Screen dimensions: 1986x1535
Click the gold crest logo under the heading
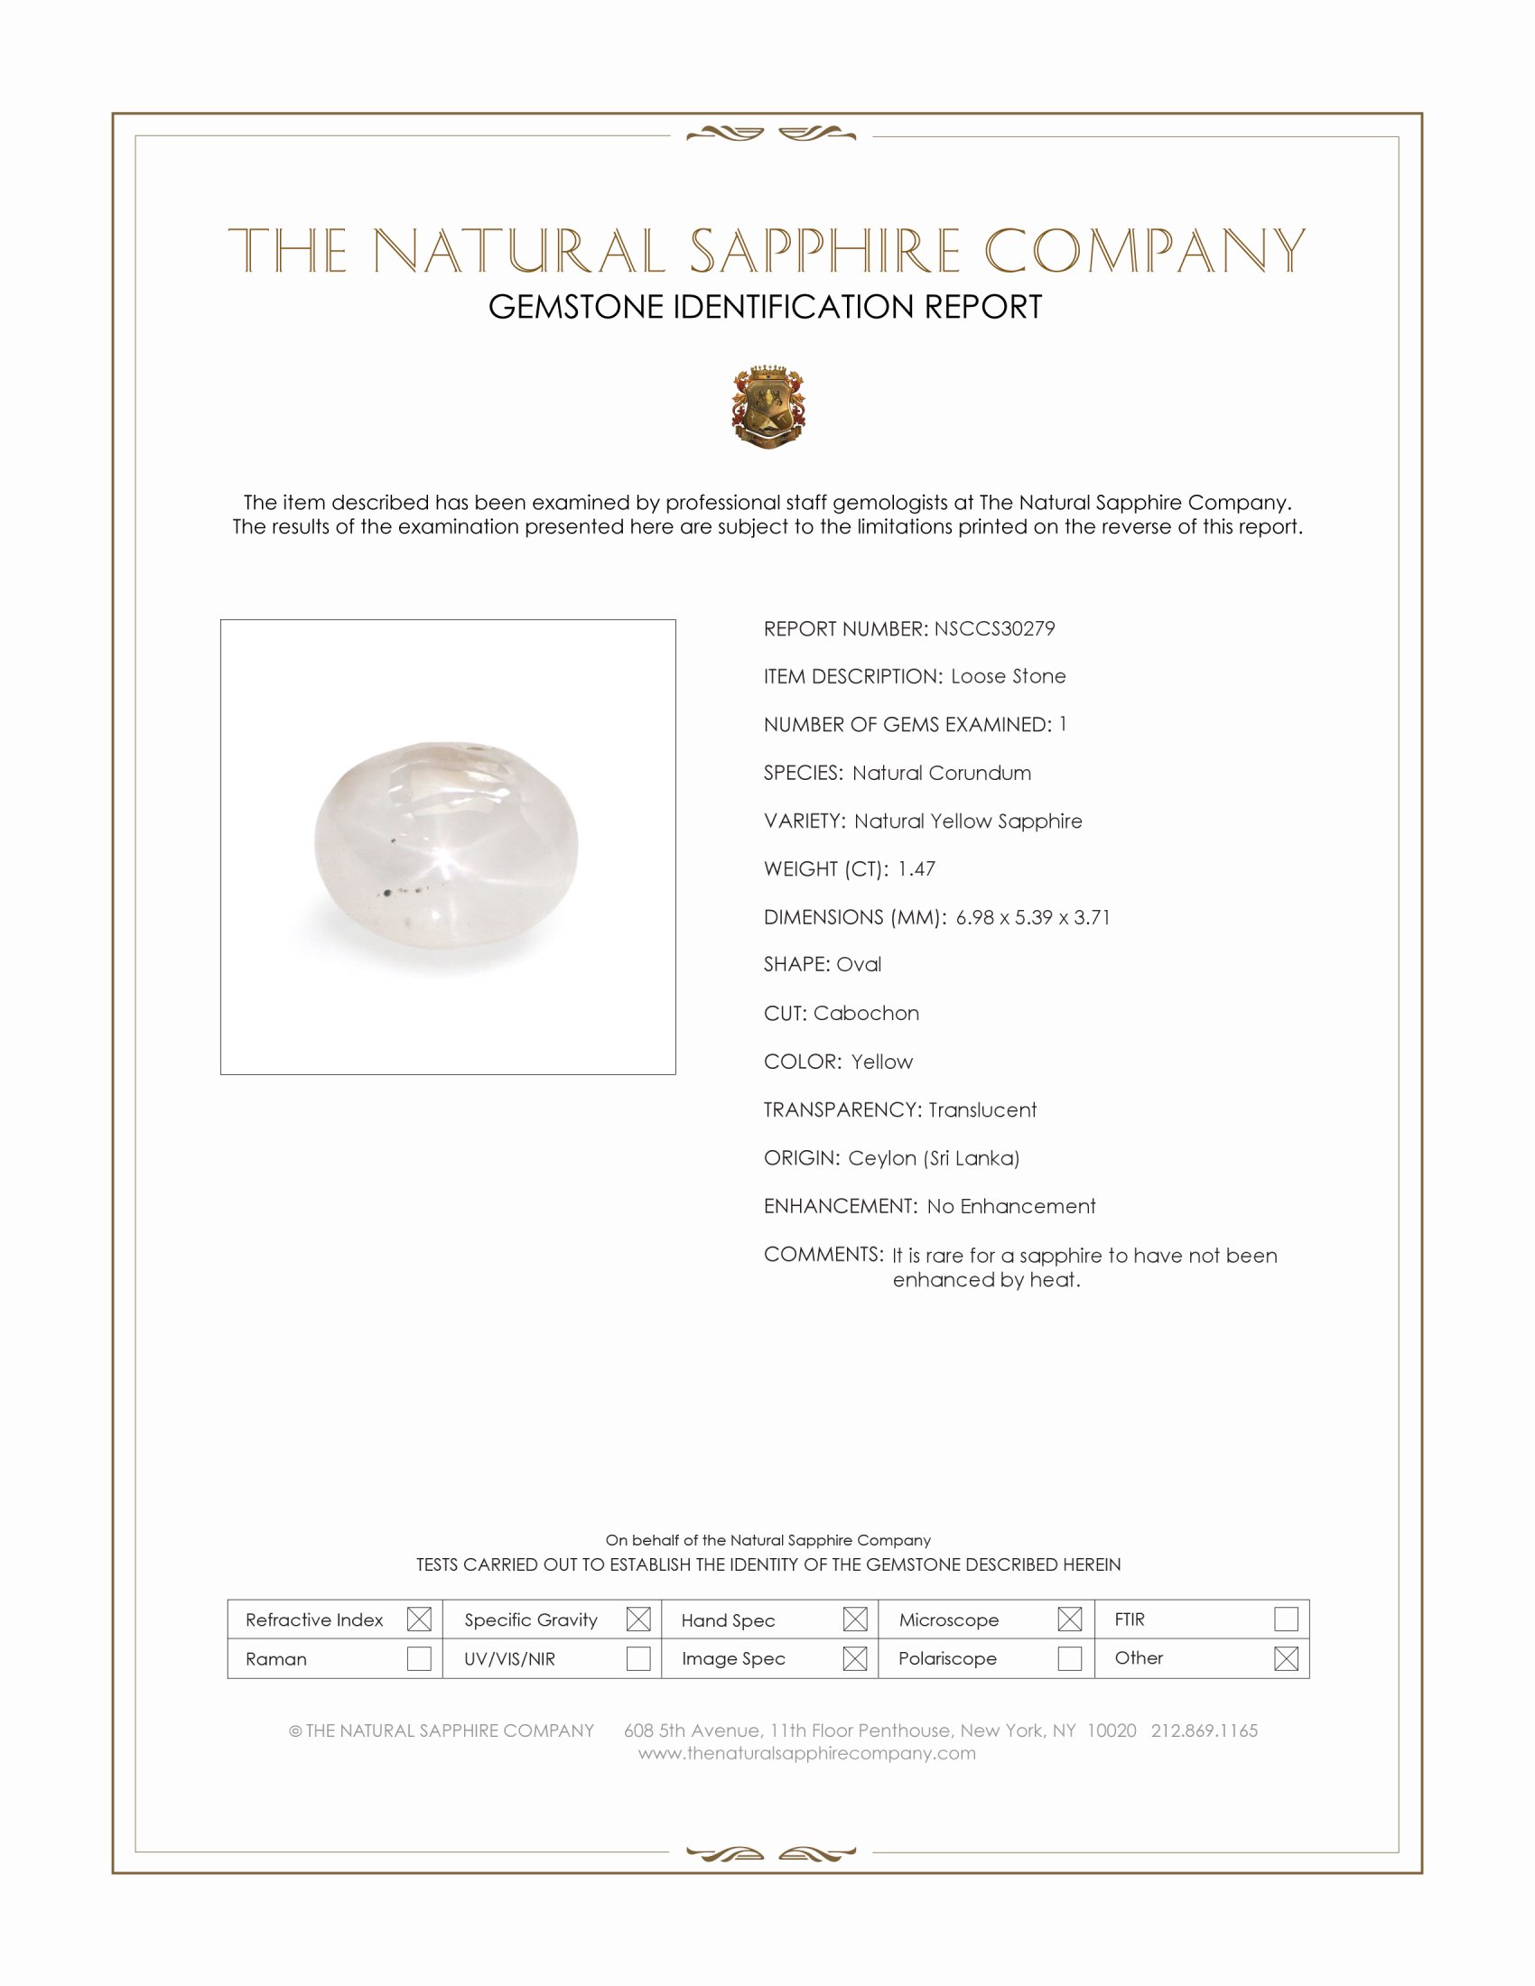pyautogui.click(x=768, y=406)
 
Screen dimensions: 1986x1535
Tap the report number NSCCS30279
pyautogui.click(x=994, y=628)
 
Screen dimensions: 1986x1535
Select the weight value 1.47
pyautogui.click(x=916, y=868)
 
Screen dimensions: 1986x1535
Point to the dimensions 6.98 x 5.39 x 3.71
pyautogui.click(x=1032, y=916)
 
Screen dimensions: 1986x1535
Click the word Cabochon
pyautogui.click(x=866, y=1013)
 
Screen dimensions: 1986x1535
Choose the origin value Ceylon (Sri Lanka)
pyautogui.click(x=933, y=1157)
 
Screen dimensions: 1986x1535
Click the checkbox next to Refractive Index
pyautogui.click(x=419, y=1619)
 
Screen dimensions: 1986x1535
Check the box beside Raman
pyautogui.click(x=419, y=1658)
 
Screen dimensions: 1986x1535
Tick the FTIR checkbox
pyautogui.click(x=1286, y=1619)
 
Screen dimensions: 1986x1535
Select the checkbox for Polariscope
pyautogui.click(x=1069, y=1658)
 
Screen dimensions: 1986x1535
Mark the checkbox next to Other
pyautogui.click(x=1286, y=1658)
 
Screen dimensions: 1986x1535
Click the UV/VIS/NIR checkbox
pyautogui.click(x=638, y=1658)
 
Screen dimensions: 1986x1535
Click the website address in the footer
pyautogui.click(x=806, y=1753)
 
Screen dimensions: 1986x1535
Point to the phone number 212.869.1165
pyautogui.click(x=1204, y=1731)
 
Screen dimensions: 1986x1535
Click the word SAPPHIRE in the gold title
pyautogui.click(x=823, y=252)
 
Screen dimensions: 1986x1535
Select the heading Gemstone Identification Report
pyautogui.click(x=765, y=307)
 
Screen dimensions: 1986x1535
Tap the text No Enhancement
pyautogui.click(x=1010, y=1206)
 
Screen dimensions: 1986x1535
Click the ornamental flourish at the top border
pyautogui.click(x=770, y=135)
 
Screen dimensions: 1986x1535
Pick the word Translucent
pyautogui.click(x=982, y=1109)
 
